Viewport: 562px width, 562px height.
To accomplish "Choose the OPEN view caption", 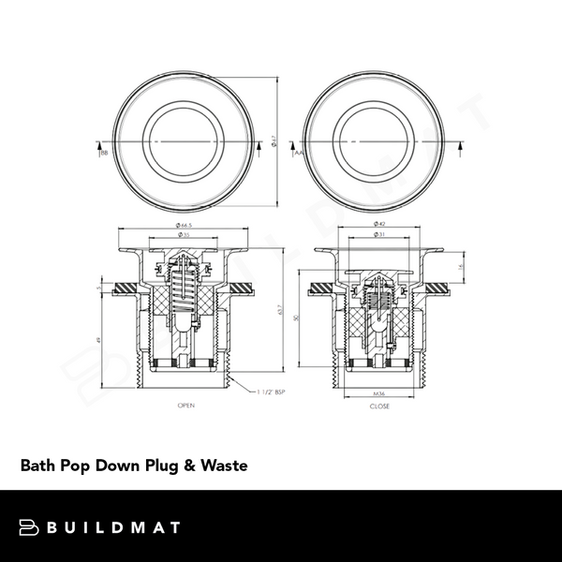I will coord(186,407).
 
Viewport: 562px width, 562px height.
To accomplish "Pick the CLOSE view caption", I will coord(379,407).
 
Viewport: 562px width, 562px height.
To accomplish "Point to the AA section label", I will coord(298,151).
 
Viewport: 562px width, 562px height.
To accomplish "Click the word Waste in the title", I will coord(224,466).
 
